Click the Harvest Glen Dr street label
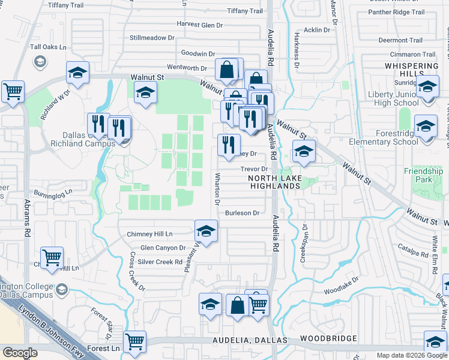point(199,25)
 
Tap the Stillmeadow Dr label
point(152,38)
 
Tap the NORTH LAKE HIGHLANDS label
point(274,182)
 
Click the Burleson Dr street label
point(242,213)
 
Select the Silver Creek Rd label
point(160,262)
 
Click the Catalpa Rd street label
point(414,246)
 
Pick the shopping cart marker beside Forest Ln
point(134,342)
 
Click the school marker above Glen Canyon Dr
point(206,232)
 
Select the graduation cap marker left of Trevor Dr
point(304,152)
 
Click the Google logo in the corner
point(20,353)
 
